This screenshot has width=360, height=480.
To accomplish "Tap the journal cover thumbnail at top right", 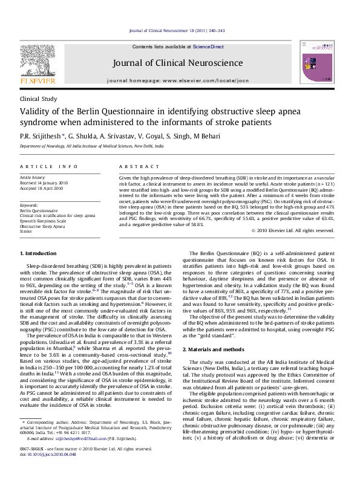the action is (318, 62).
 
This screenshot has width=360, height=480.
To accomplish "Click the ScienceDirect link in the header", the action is (208, 47).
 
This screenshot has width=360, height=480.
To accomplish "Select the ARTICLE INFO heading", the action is (48, 166).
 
